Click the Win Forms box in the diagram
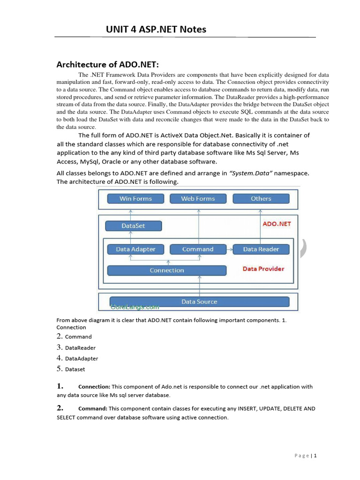pyautogui.click(x=136, y=199)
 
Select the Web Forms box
pyautogui.click(x=198, y=199)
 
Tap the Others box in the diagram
pyautogui.click(x=261, y=199)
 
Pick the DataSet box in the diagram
pyautogui.click(x=134, y=226)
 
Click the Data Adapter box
pyautogui.click(x=135, y=249)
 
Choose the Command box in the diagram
pyautogui.click(x=198, y=249)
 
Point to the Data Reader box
pyautogui.click(x=261, y=249)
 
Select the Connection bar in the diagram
pyautogui.click(x=167, y=270)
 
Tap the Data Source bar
pyautogui.click(x=199, y=302)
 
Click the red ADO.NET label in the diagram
pyautogui.click(x=277, y=224)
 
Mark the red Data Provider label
pyautogui.click(x=263, y=269)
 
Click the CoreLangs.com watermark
pyautogui.click(x=135, y=307)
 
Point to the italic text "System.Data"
pyautogui.click(x=251, y=173)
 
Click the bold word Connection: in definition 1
pyautogui.click(x=94, y=387)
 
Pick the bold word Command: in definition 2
pyautogui.click(x=93, y=409)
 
